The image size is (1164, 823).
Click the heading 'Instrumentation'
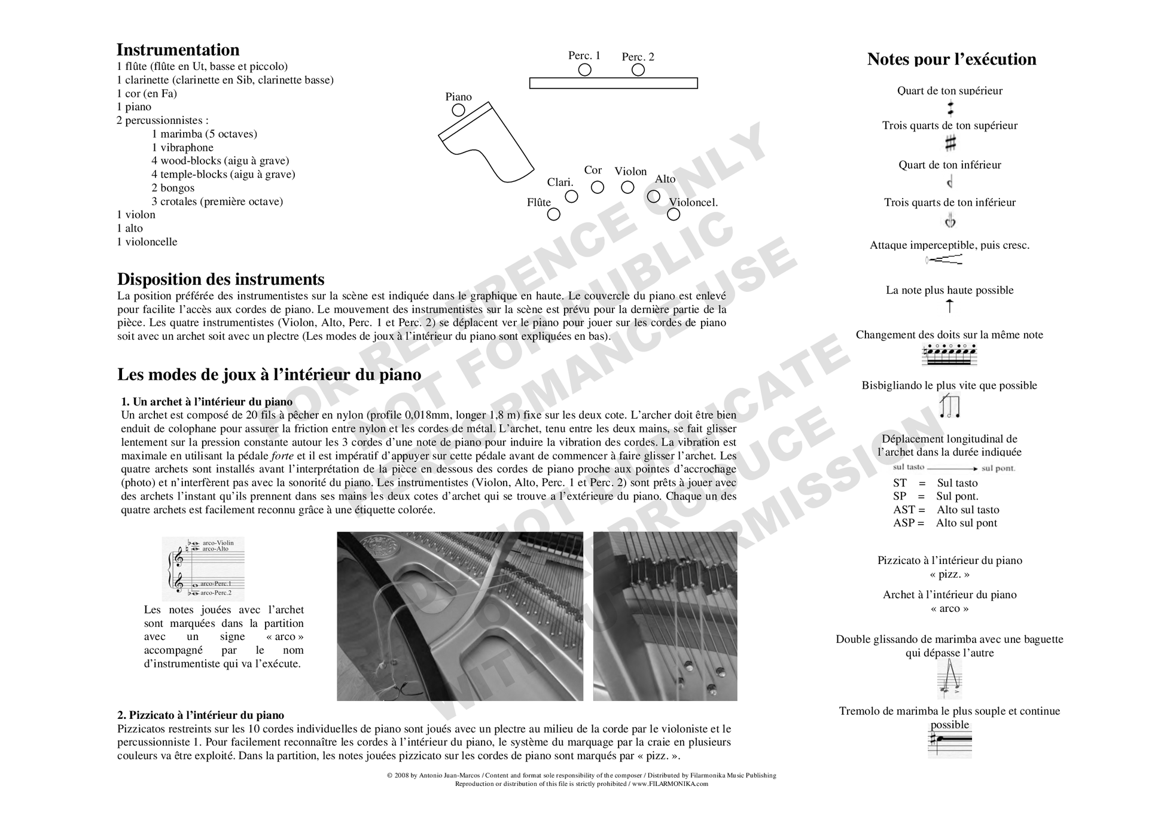tap(178, 50)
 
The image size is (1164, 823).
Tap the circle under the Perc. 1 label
tap(585, 70)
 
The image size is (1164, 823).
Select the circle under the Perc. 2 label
tap(638, 70)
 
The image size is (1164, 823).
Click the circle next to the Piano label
tap(458, 110)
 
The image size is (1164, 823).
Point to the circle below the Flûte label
tap(554, 214)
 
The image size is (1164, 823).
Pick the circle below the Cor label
tap(598, 187)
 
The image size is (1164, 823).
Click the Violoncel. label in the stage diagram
tap(693, 202)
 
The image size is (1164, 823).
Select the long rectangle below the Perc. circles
tap(613, 83)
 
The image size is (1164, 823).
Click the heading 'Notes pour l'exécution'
tap(951, 59)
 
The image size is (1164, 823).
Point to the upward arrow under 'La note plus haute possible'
tap(949, 306)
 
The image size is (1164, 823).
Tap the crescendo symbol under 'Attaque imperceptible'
tap(944, 260)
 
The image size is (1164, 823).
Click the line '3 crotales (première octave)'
tap(217, 202)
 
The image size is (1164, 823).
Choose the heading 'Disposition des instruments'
tap(221, 279)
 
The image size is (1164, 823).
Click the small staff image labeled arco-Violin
tap(203, 568)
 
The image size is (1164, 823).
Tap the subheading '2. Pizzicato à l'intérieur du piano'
tap(200, 715)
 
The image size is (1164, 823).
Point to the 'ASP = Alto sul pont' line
tap(945, 523)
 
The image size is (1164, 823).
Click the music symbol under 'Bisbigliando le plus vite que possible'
tap(949, 407)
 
